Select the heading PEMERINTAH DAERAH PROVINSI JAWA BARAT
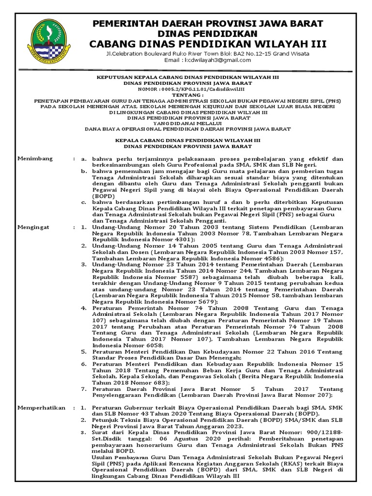[208, 24]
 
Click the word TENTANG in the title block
[186, 95]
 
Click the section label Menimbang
[35, 158]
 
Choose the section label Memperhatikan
[41, 408]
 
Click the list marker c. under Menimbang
[84, 201]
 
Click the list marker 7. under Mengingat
[84, 388]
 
